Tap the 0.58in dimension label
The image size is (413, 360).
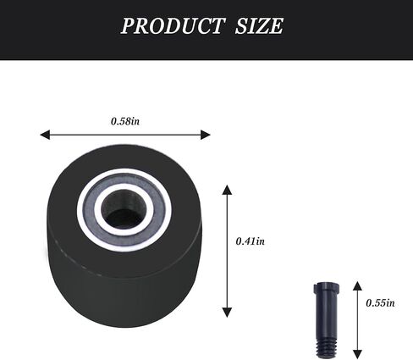click(x=125, y=121)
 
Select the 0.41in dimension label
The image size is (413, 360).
click(x=250, y=241)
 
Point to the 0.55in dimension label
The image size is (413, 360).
click(x=379, y=302)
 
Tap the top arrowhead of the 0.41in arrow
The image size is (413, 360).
click(x=226, y=189)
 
